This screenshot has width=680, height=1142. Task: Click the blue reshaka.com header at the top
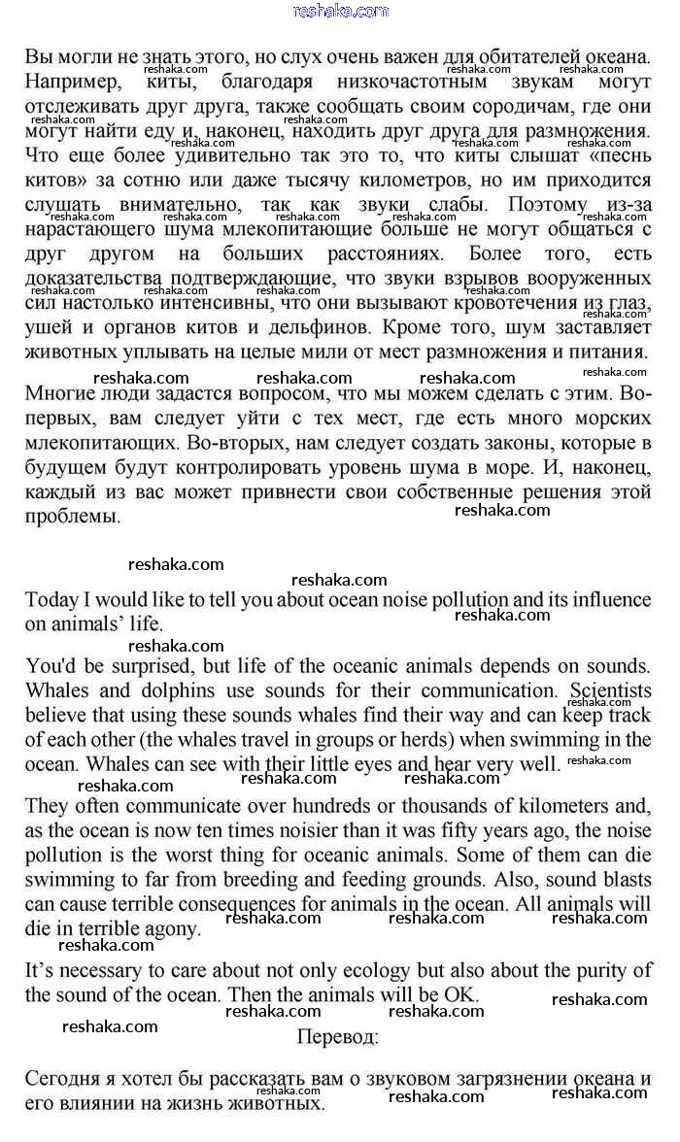340,11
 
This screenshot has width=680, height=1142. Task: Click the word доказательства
91,280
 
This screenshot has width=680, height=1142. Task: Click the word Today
52,599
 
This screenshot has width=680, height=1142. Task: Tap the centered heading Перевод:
338,1036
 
